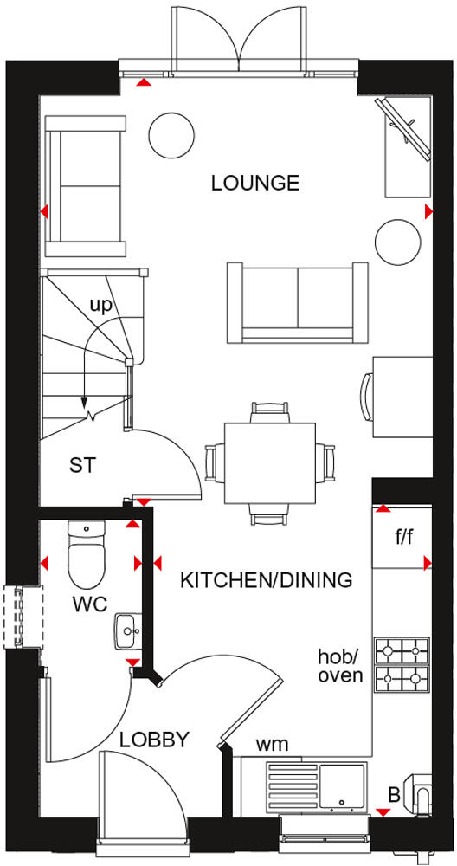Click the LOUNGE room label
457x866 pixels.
pyautogui.click(x=255, y=183)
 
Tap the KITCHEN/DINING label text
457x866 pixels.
pyautogui.click(x=266, y=580)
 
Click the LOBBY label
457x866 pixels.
pyautogui.click(x=154, y=740)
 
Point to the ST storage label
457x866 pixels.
pyautogui.click(x=82, y=465)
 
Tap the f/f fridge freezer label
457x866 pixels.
pyautogui.click(x=404, y=537)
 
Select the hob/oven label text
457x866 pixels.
pyautogui.click(x=340, y=667)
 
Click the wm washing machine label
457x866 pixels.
pyautogui.click(x=272, y=744)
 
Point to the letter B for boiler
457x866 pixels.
pyautogui.click(x=394, y=794)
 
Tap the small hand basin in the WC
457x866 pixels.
pyautogui.click(x=126, y=628)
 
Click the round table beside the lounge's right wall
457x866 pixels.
pyautogui.click(x=397, y=241)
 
